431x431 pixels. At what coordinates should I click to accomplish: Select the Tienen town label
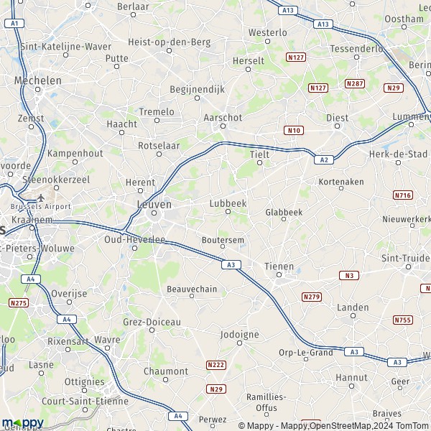click(279, 266)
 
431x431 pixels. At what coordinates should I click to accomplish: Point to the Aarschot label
click(223, 117)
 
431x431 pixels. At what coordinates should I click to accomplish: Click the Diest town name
click(337, 118)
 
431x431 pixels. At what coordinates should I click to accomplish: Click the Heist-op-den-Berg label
click(169, 42)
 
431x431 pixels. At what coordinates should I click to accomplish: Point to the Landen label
click(353, 307)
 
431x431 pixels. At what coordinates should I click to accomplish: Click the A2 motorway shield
click(325, 159)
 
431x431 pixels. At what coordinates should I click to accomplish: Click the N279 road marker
click(312, 297)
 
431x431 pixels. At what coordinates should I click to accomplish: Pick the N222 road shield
click(215, 365)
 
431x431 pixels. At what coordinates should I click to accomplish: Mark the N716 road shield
click(403, 195)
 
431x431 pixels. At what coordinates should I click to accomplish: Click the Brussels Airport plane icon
click(41, 197)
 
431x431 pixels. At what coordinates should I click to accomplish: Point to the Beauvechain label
click(191, 289)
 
